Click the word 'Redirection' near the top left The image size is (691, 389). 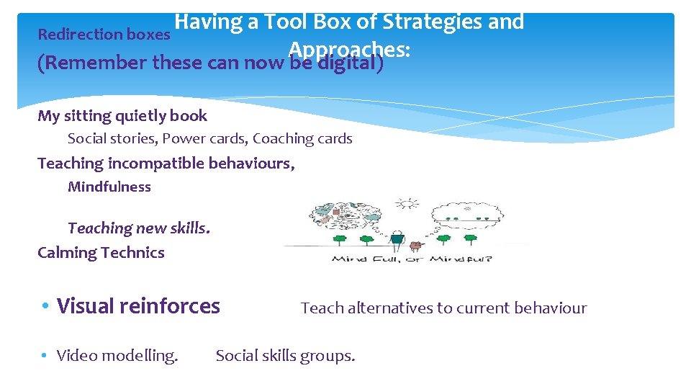tap(79, 34)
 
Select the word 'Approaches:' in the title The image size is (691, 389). tap(348, 48)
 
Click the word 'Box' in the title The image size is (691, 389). tap(333, 22)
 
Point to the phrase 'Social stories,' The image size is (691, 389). tap(112, 138)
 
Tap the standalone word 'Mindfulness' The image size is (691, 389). tap(109, 187)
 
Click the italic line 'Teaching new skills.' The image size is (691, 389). tap(139, 228)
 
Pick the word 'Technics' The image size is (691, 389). tap(132, 253)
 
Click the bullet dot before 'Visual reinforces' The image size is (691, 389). tap(45, 307)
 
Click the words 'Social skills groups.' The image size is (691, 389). tap(285, 355)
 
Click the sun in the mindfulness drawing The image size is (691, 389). tap(408, 204)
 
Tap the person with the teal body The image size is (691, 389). tap(397, 240)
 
